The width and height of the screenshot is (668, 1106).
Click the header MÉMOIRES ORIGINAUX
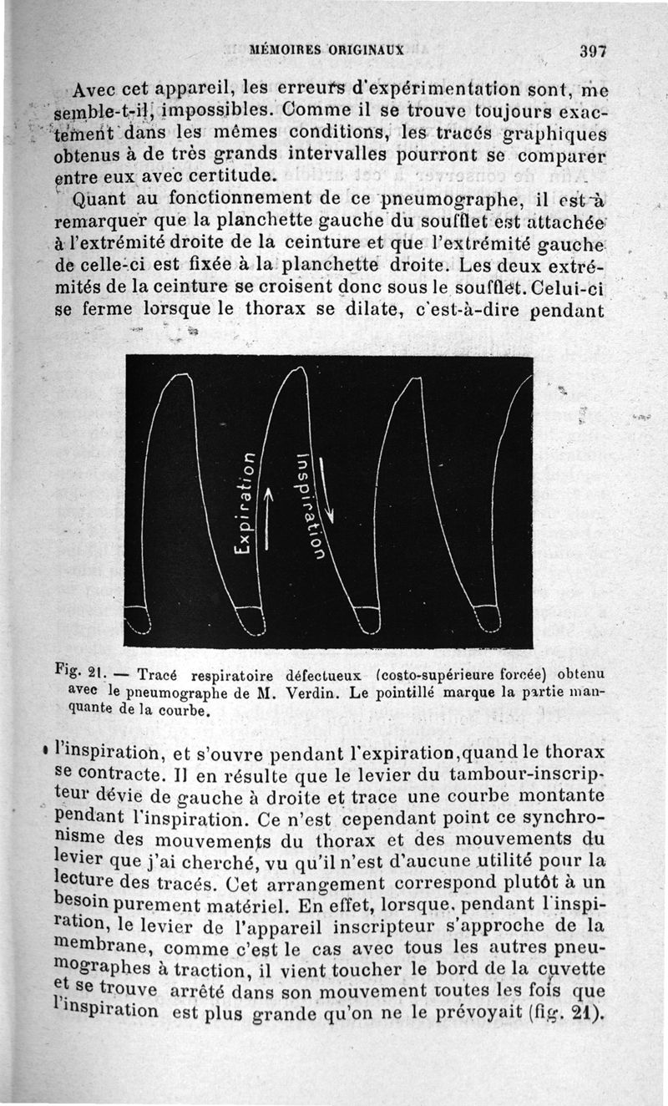[326, 49]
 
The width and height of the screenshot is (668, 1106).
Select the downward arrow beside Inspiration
[326, 492]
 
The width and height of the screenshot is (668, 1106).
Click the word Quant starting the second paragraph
[99, 200]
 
